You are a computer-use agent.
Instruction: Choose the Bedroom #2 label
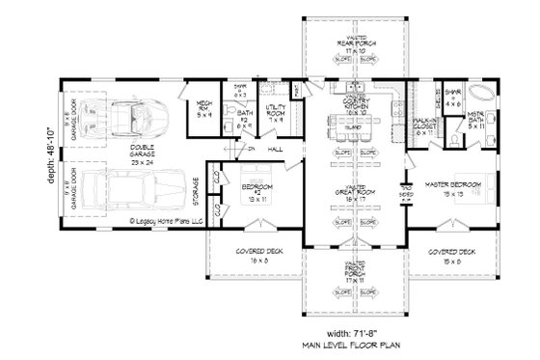(x=255, y=187)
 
